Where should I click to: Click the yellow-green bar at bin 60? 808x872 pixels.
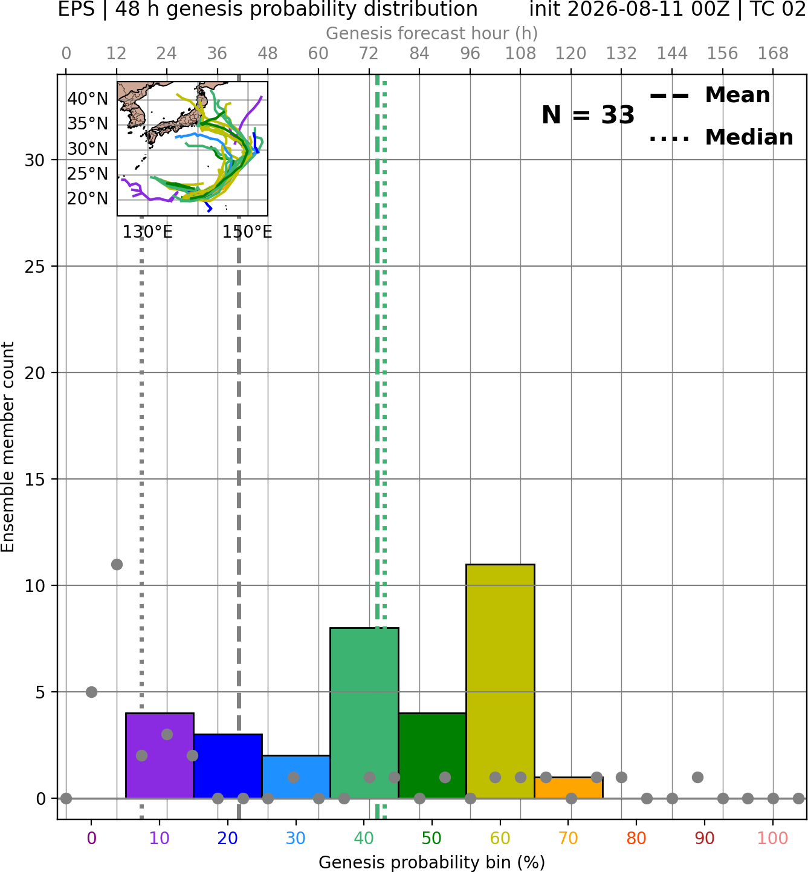coord(500,681)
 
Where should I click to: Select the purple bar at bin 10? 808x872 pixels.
coord(160,755)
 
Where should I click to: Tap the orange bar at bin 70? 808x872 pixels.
coord(569,788)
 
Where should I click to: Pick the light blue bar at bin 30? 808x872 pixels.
coord(296,776)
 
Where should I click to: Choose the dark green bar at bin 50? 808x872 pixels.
coord(432,755)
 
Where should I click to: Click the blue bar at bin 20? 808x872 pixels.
coord(228,766)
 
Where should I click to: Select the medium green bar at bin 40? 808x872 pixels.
coord(364,713)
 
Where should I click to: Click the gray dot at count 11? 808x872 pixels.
coord(117,564)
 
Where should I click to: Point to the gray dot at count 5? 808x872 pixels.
coord(91,692)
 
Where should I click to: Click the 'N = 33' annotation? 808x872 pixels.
coord(588,115)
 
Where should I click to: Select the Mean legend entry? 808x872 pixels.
coord(710,96)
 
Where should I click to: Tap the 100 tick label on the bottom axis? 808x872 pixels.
coord(773,838)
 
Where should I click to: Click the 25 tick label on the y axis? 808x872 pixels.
coord(35,267)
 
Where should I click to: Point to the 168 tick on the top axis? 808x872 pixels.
coord(774,54)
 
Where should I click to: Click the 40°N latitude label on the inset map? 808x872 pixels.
coord(88,99)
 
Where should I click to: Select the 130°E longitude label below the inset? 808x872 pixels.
coord(147,232)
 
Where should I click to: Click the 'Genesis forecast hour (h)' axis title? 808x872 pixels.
coord(432,33)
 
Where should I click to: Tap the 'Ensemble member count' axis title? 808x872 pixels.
coord(7,447)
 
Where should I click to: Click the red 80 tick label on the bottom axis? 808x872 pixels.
coord(636,838)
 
